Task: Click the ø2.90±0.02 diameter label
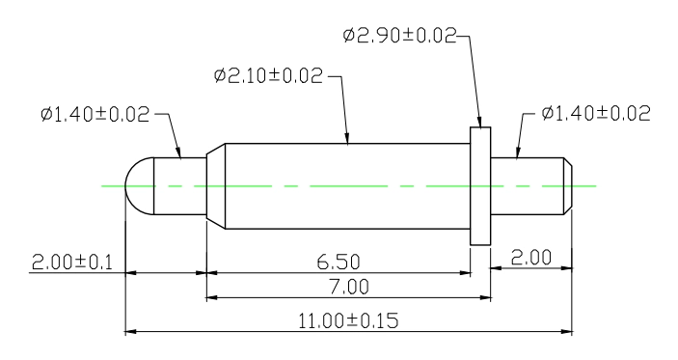399,36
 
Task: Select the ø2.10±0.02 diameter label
268,75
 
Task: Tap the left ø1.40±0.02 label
95,114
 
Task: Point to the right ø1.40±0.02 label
596,113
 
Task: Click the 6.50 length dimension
339,262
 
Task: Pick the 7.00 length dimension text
349,287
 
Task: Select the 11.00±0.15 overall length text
348,321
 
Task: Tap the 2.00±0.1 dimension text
71,263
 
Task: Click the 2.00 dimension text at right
531,258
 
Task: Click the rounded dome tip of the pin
139,186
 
